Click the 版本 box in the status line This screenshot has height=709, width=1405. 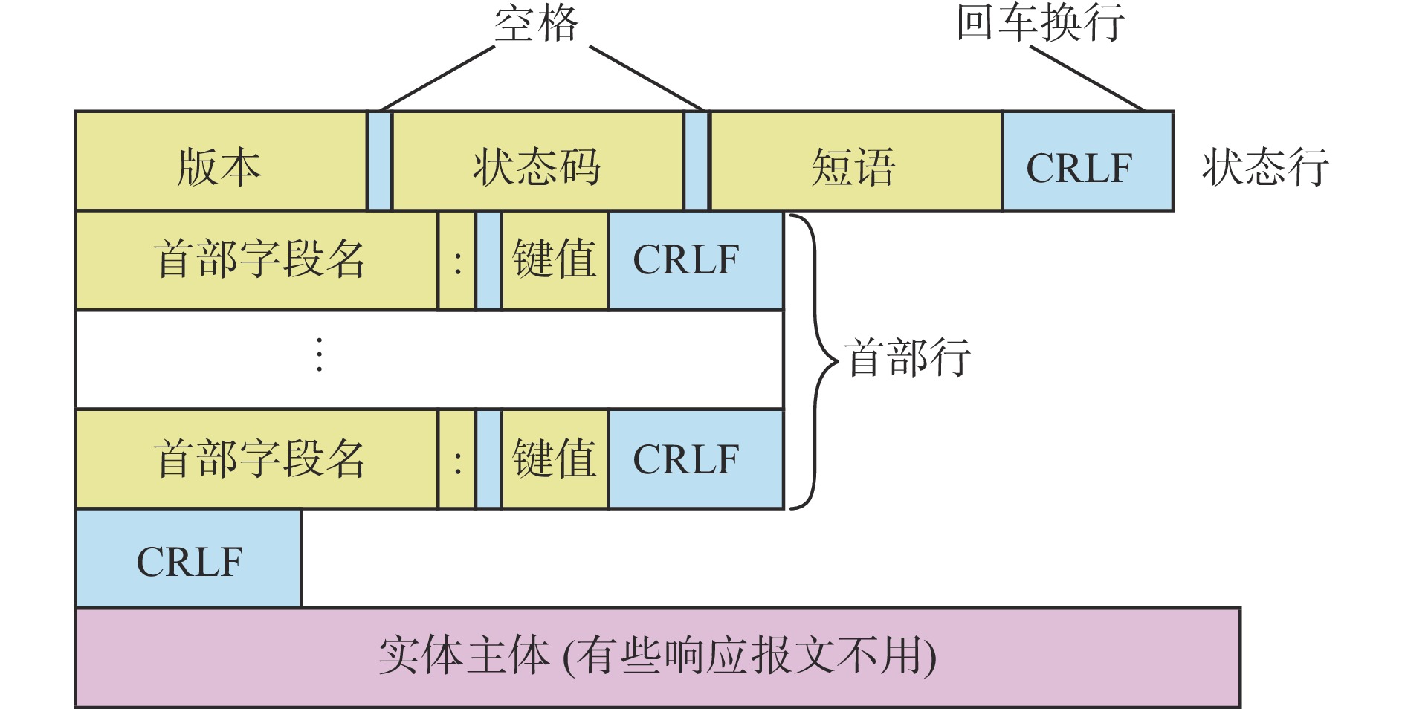click(221, 161)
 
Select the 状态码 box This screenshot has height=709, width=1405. click(537, 161)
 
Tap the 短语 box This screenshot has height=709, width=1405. click(856, 161)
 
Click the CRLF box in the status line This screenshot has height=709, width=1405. click(1088, 161)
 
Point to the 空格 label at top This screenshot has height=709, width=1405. click(536, 23)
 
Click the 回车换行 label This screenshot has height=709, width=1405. click(1040, 23)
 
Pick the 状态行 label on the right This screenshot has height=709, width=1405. click(1265, 166)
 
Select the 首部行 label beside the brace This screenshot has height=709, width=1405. click(908, 357)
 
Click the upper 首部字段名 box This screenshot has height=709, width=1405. click(256, 260)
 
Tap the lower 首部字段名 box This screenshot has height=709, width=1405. click(256, 459)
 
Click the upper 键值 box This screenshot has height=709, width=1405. click(555, 260)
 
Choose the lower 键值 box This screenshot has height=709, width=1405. click(555, 459)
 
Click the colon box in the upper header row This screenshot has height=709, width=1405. click(457, 260)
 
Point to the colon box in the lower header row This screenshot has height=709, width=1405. click(457, 459)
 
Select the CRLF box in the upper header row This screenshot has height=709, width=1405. click(696, 260)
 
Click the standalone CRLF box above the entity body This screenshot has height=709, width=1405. click(189, 559)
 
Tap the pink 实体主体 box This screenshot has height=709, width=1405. click(658, 658)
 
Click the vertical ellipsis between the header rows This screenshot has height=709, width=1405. click(320, 354)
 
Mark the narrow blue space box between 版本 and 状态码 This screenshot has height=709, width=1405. click(380, 161)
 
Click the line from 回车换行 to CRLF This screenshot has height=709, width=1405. click(1087, 78)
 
